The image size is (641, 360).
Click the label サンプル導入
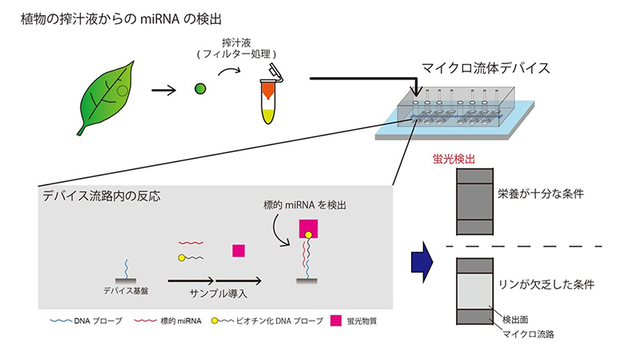pyautogui.click(x=215, y=293)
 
